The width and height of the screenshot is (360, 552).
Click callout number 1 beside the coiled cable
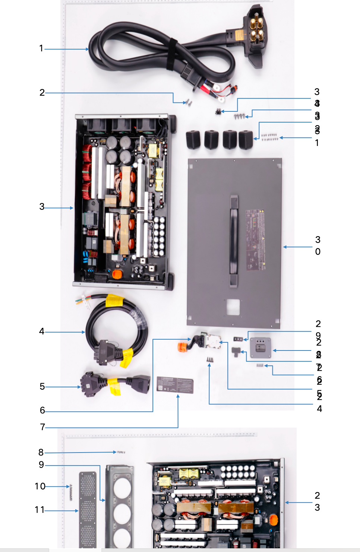click(x=41, y=48)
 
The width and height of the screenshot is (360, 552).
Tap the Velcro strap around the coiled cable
click(x=172, y=54)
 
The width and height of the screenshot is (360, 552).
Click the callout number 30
click(x=318, y=245)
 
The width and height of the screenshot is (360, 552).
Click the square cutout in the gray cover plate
click(x=233, y=307)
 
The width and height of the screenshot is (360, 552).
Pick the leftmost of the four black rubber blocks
click(x=193, y=140)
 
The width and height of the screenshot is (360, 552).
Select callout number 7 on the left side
click(x=42, y=427)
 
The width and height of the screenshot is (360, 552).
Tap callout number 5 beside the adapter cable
click(x=42, y=387)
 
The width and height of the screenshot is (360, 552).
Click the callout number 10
click(x=40, y=486)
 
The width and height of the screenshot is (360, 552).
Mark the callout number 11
click(x=40, y=510)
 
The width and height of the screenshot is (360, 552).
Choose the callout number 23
click(x=317, y=501)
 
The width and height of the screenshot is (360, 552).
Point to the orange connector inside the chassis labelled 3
click(x=117, y=274)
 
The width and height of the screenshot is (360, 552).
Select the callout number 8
click(x=41, y=453)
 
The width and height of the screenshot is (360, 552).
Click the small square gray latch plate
click(x=260, y=348)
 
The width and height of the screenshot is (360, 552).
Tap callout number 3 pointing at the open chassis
click(x=42, y=207)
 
